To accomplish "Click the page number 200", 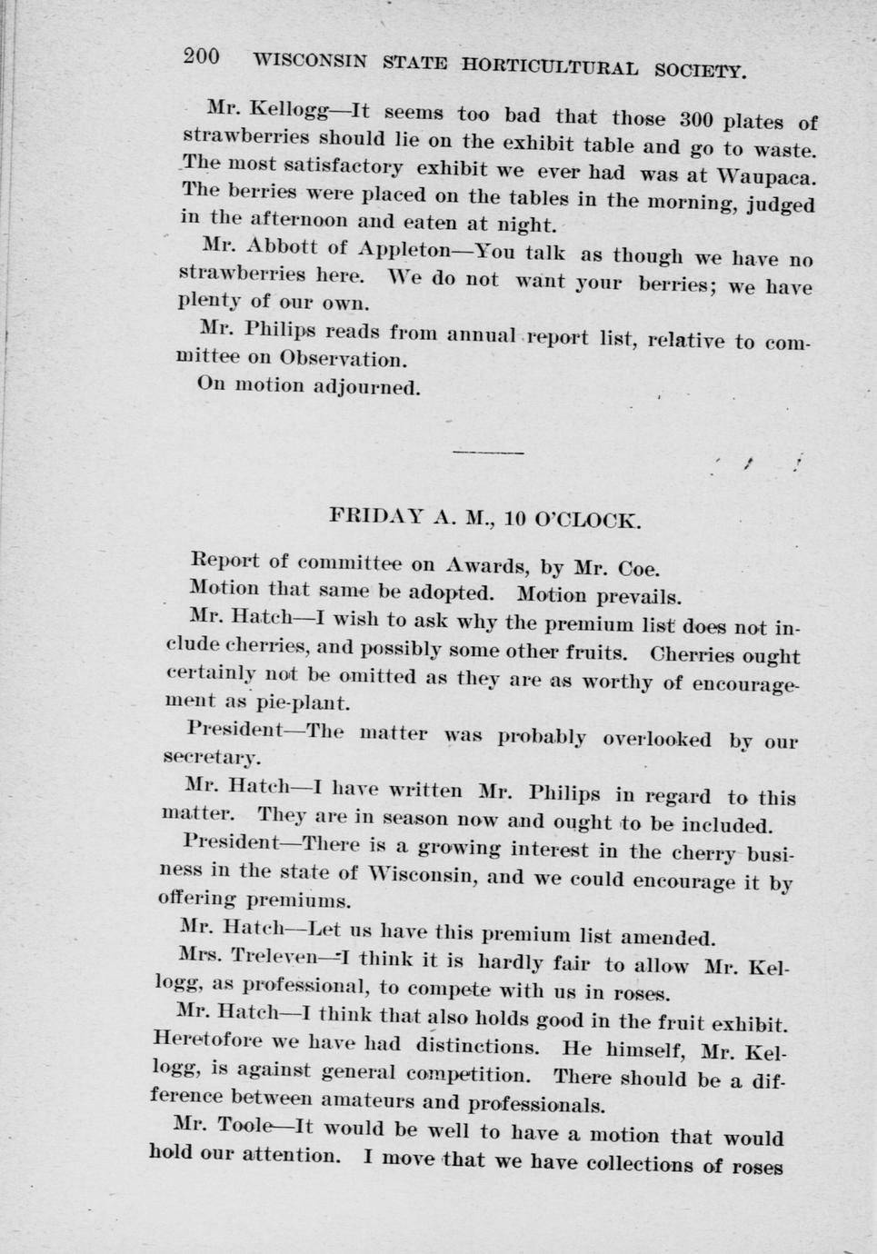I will [201, 56].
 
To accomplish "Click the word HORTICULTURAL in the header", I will [550, 65].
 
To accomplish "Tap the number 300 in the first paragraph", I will [699, 120].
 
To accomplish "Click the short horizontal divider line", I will [488, 452].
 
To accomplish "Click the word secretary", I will [211, 757].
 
